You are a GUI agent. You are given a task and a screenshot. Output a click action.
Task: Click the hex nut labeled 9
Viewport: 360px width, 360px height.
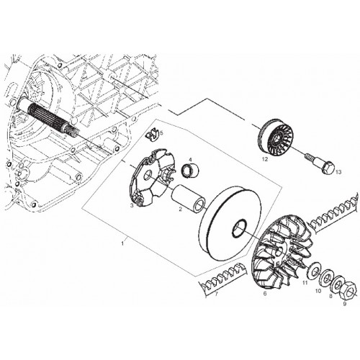348,289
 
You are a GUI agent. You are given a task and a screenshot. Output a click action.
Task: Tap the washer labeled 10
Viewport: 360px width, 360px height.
326,279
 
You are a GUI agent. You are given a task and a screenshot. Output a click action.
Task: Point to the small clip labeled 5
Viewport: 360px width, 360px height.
152,135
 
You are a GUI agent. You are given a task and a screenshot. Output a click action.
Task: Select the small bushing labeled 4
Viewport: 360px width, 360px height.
191,170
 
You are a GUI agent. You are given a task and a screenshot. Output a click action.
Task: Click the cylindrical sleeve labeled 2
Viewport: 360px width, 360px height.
188,198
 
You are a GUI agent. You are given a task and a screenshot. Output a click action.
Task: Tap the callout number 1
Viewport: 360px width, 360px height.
122,243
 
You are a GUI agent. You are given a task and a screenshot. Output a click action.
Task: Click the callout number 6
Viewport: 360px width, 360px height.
265,293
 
